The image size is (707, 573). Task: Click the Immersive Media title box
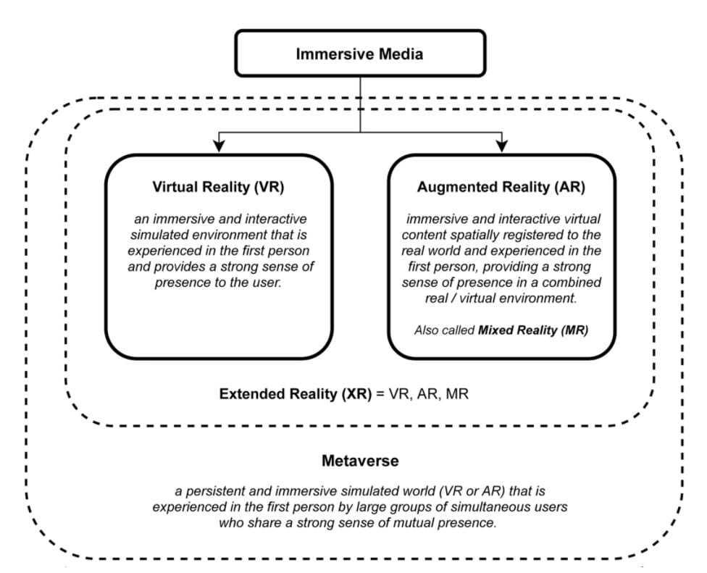pyautogui.click(x=360, y=52)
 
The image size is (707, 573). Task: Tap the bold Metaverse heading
pyautogui.click(x=360, y=461)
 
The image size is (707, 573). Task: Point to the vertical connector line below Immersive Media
pyautogui.click(x=360, y=101)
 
